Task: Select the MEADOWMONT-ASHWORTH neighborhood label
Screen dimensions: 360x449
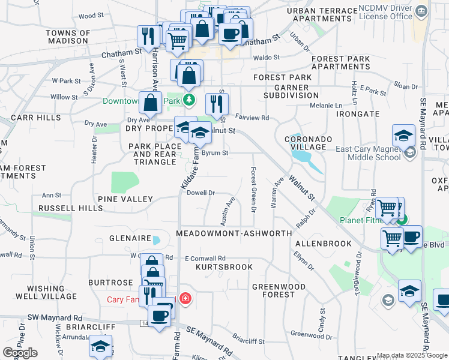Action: [234, 233]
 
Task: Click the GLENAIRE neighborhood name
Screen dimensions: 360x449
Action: [129, 238]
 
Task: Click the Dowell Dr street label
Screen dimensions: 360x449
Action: [200, 193]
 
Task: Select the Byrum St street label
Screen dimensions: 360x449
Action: [214, 153]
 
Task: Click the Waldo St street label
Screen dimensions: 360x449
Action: [267, 58]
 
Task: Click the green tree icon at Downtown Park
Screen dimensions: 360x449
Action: [190, 100]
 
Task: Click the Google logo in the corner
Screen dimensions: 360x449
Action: [20, 353]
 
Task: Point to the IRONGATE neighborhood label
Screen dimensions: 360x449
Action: [358, 113]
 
